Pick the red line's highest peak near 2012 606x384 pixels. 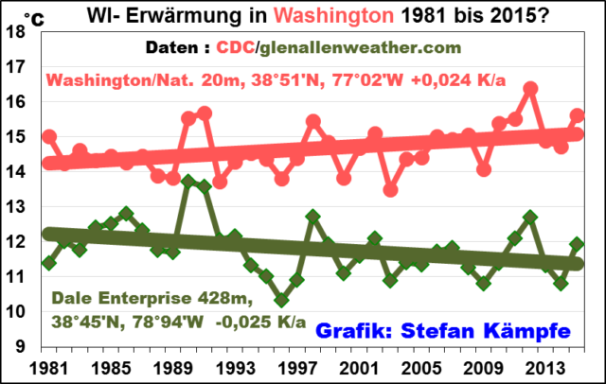[530, 88]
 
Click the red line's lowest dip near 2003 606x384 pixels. [390, 189]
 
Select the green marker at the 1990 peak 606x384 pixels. [188, 181]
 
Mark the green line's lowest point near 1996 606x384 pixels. [281, 300]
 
